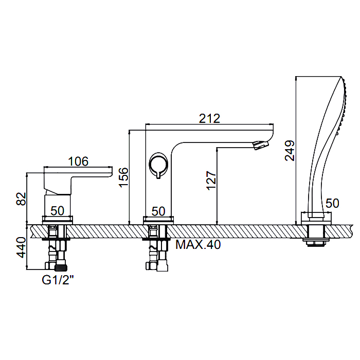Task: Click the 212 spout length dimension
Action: tap(209, 118)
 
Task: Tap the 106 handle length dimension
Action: tap(78, 161)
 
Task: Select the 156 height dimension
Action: tap(123, 177)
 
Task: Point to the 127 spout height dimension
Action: tap(211, 180)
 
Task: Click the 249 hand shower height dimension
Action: tap(290, 151)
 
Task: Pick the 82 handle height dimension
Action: tap(21, 199)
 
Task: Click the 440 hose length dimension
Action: tap(21, 248)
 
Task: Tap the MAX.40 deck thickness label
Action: tap(198, 245)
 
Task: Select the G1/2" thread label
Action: tap(58, 280)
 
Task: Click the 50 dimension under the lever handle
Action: tap(58, 210)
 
